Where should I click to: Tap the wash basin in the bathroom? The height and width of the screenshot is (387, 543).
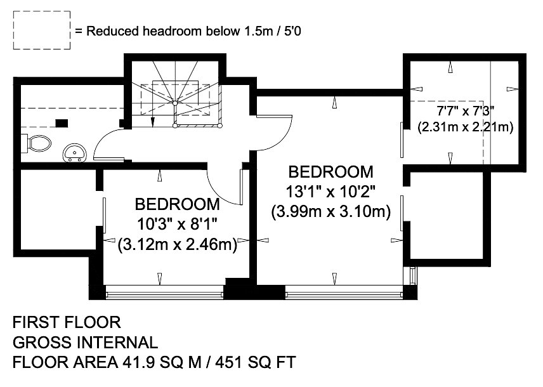click(74, 153)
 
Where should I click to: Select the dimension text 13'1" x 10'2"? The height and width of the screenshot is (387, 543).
click(330, 191)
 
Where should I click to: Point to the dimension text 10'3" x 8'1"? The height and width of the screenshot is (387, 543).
click(177, 225)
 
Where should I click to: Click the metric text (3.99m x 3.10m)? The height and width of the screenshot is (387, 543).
click(330, 211)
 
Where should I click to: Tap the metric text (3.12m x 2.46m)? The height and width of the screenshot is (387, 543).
click(178, 245)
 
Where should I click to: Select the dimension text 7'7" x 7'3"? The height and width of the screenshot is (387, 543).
click(465, 111)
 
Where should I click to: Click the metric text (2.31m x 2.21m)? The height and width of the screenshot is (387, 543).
click(465, 127)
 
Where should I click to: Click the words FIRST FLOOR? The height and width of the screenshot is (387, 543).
click(67, 322)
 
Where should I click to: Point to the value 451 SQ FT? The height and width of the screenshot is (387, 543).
click(256, 362)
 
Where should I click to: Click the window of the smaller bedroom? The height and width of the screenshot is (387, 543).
click(164, 294)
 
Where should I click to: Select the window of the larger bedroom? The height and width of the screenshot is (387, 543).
click(344, 294)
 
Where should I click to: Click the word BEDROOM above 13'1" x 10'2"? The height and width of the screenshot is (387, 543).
click(330, 172)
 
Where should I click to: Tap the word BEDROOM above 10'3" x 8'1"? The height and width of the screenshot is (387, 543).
click(177, 204)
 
